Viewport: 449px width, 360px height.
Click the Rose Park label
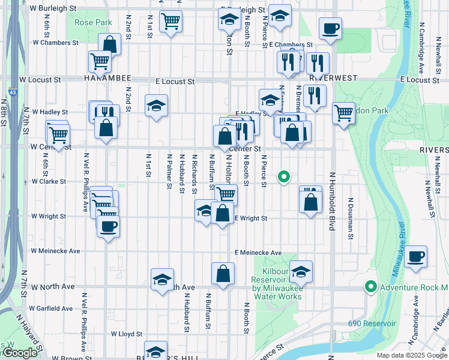pos(93,23)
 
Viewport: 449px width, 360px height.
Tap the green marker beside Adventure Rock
pos(371,287)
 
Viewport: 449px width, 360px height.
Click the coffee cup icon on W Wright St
pos(108,226)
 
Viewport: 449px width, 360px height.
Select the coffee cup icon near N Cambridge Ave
pos(416,256)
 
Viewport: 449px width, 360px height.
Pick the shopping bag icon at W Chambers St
pos(110,43)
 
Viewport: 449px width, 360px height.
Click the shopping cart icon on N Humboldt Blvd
pos(343,112)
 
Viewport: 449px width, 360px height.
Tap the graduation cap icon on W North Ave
pos(162,279)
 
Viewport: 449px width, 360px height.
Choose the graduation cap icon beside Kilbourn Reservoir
pos(301,271)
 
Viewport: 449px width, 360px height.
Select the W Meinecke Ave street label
pos(55,251)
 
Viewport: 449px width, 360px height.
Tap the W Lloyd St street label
pos(126,334)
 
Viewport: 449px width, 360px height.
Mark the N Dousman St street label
pos(351,218)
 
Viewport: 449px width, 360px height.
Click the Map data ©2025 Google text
pos(411,355)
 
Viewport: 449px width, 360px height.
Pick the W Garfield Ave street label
pos(52,308)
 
